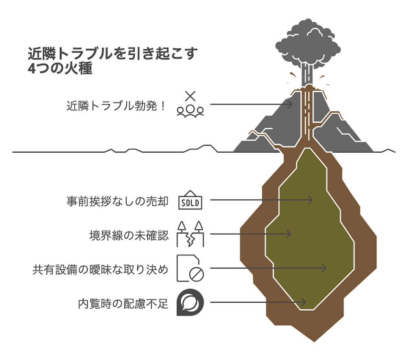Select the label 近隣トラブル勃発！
click(x=116, y=106)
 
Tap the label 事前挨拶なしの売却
click(x=117, y=201)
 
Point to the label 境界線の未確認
click(x=129, y=235)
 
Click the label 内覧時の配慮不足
click(x=123, y=303)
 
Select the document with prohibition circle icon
click(x=190, y=269)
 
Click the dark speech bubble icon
click(x=190, y=303)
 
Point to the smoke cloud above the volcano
click(x=308, y=45)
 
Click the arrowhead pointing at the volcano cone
click(x=290, y=104)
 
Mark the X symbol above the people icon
click(x=190, y=96)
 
